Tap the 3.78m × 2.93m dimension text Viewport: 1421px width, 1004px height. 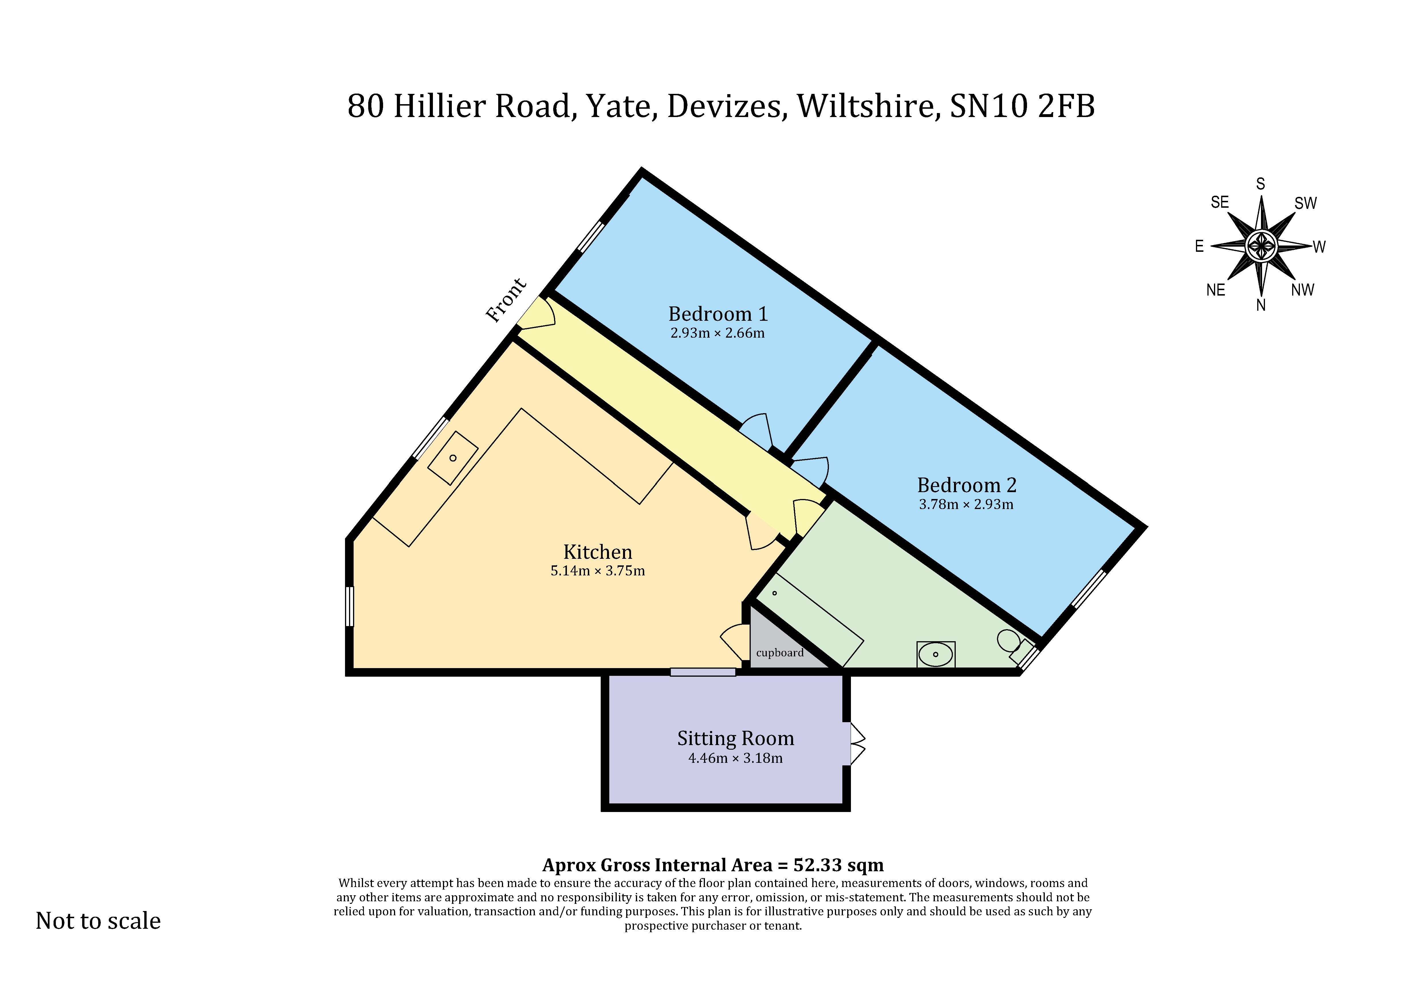[966, 504]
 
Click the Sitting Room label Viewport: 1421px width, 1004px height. [735, 738]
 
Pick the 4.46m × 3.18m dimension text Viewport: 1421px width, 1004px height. [735, 758]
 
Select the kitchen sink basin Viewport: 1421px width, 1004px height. [453, 458]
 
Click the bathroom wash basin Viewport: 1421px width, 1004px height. [935, 654]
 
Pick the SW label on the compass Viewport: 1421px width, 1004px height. [1305, 203]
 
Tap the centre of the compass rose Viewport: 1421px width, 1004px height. [1261, 246]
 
